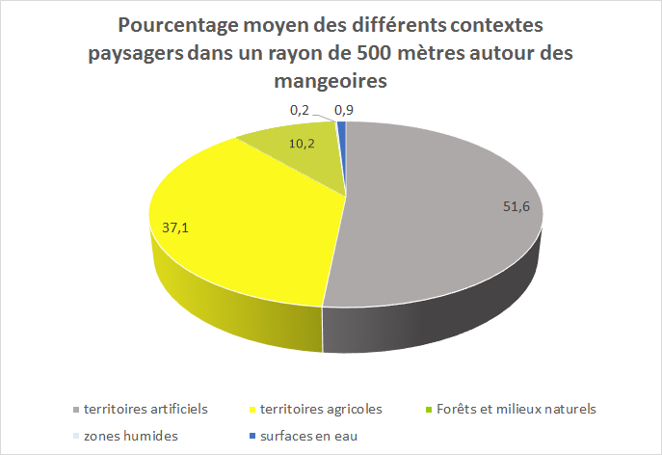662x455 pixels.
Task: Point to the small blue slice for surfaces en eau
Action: click(x=341, y=129)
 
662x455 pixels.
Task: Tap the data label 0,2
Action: click(x=299, y=111)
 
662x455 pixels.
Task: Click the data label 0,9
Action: click(x=343, y=111)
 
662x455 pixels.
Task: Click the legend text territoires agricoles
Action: click(x=322, y=409)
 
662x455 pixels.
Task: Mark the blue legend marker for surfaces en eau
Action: click(x=252, y=437)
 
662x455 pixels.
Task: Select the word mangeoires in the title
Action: click(x=331, y=82)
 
